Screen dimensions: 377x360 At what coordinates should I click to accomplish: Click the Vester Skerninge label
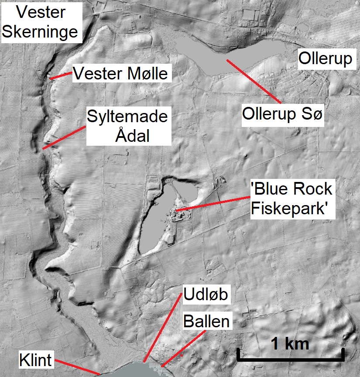pos(42,22)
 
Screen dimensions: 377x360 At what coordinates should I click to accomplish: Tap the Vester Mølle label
pos(120,74)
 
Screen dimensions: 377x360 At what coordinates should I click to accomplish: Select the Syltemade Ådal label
pos(127,127)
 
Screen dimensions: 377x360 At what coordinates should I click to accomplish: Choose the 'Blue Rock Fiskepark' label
pos(291,199)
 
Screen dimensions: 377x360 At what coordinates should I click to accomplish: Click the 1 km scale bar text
pos(290,343)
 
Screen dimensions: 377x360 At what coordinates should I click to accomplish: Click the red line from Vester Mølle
pos(61,76)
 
